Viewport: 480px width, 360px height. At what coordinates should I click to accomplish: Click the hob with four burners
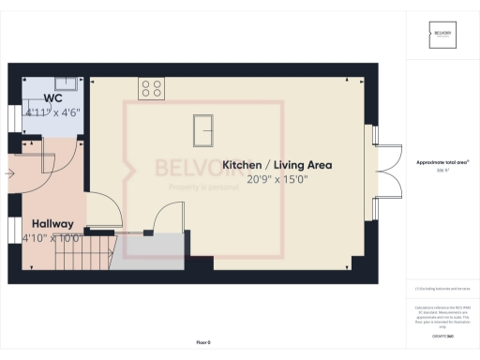(152, 88)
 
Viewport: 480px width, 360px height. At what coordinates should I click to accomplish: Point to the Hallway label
(52, 225)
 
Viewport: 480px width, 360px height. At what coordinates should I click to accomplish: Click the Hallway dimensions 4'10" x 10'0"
(52, 238)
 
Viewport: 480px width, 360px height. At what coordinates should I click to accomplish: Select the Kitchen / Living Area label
(277, 165)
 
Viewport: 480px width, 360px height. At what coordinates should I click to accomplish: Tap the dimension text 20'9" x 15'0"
(277, 179)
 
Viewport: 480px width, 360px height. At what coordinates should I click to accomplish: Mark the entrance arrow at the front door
(9, 172)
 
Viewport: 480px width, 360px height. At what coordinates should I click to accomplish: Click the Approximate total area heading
(442, 162)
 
